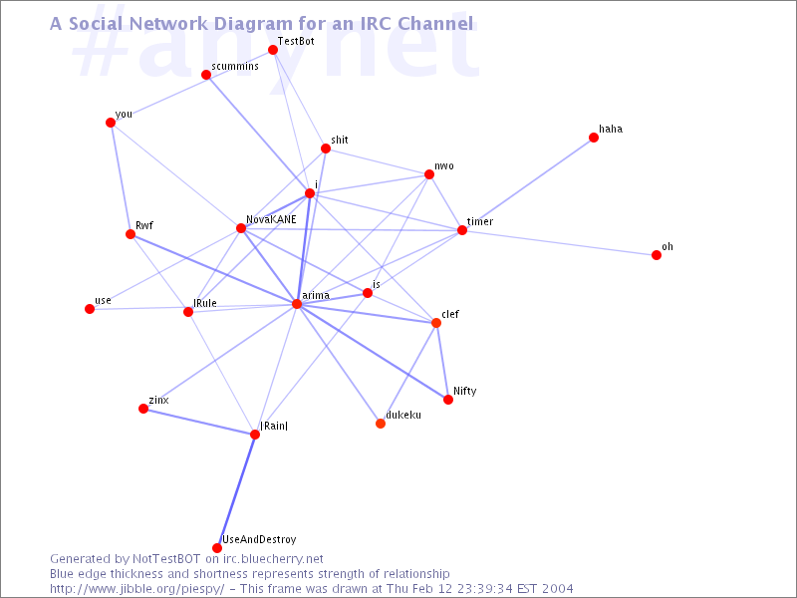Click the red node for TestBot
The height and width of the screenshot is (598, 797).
[x=273, y=50]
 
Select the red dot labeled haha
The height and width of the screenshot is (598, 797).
[x=594, y=138]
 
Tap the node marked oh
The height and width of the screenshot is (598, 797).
[x=657, y=255]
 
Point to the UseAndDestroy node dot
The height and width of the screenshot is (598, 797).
[x=217, y=547]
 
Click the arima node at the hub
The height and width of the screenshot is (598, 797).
[x=297, y=304]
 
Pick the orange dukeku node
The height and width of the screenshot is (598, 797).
[x=381, y=423]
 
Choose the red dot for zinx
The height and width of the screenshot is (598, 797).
[x=143, y=409]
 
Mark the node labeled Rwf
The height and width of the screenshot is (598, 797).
[x=131, y=234]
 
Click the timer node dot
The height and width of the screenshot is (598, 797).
[x=462, y=230]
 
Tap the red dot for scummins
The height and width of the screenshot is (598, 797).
[x=206, y=76]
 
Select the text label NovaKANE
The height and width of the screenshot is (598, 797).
[x=271, y=219]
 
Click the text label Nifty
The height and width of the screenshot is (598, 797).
[x=464, y=391]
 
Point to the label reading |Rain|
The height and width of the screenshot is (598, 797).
[x=274, y=426]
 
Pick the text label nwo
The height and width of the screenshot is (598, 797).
[x=443, y=165]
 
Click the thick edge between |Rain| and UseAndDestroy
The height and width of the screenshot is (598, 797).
[x=236, y=491]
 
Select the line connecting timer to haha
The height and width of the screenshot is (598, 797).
[x=528, y=183]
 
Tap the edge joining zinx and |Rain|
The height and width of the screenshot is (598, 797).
[x=199, y=422]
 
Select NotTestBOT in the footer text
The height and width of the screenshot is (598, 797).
[x=166, y=559]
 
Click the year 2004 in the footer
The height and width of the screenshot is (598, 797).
[x=558, y=589]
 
